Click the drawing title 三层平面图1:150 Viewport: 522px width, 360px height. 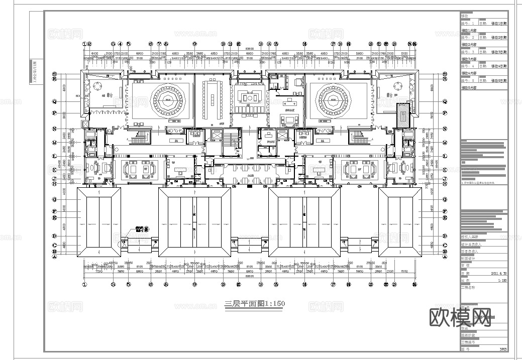pos(254,304)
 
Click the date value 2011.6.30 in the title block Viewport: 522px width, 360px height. pos(498,274)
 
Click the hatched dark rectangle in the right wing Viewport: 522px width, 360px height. pos(402,114)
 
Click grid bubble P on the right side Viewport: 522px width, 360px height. pos(445,113)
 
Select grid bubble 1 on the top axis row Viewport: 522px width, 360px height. pos(85,44)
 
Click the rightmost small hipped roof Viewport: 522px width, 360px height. pos(399,219)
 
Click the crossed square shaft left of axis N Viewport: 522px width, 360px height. pos(85,123)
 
